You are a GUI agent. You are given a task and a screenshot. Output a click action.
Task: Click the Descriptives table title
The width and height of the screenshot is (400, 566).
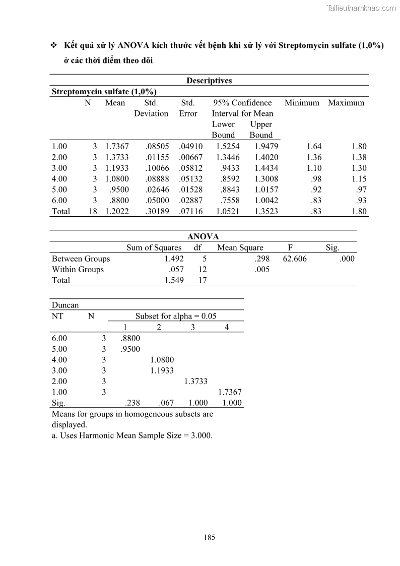pyautogui.click(x=209, y=81)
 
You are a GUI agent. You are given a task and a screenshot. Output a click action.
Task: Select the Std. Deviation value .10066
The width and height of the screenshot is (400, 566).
pyautogui.click(x=157, y=168)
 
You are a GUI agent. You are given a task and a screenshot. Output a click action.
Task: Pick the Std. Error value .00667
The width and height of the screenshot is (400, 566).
pyautogui.click(x=190, y=157)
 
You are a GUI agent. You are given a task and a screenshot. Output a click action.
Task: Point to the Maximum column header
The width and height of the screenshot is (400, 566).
pyautogui.click(x=346, y=103)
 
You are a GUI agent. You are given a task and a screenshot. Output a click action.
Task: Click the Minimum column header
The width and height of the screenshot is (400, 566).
pyautogui.click(x=302, y=103)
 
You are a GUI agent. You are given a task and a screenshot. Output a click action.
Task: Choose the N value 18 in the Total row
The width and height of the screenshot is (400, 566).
pyautogui.click(x=93, y=212)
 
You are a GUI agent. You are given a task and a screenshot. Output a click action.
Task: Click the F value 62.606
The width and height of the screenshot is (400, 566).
pyautogui.click(x=295, y=259)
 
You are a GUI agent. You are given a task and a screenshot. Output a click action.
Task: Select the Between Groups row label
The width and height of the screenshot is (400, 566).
pyautogui.click(x=81, y=259)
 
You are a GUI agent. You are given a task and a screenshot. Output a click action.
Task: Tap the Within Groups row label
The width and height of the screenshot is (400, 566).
pyautogui.click(x=78, y=270)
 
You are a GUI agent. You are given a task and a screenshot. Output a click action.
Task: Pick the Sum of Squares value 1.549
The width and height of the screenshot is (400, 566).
pyautogui.click(x=174, y=280)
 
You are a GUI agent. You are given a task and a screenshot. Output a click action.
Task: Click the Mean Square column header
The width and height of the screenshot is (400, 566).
pyautogui.click(x=240, y=248)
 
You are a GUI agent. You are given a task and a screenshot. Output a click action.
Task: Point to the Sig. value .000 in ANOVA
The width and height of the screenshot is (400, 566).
pyautogui.click(x=347, y=259)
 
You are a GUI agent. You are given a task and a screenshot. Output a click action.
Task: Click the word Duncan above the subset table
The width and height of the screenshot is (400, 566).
pyautogui.click(x=65, y=305)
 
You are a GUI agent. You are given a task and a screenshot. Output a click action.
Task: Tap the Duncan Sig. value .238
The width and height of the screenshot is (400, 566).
pyautogui.click(x=132, y=403)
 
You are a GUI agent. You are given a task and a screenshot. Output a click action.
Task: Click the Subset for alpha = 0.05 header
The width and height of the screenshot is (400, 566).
pyautogui.click(x=175, y=316)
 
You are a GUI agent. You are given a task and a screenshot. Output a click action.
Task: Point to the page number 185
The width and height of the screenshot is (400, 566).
pyautogui.click(x=210, y=537)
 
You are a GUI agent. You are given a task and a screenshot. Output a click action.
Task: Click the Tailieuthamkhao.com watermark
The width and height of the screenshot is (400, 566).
pyautogui.click(x=361, y=8)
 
